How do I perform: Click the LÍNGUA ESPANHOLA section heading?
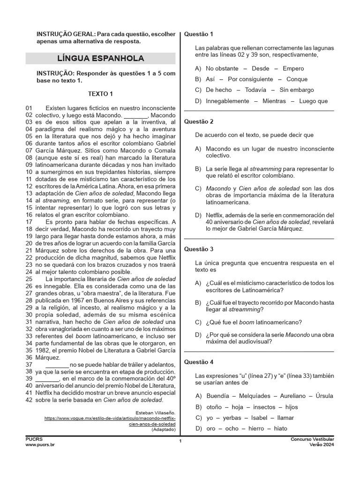click(x=100, y=59)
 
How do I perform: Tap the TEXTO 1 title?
click(x=100, y=94)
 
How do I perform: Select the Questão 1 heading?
click(x=199, y=34)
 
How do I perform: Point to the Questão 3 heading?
click(x=199, y=249)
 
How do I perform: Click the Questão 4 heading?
click(x=199, y=362)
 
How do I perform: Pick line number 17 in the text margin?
click(x=29, y=222)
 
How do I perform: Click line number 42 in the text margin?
click(x=29, y=400)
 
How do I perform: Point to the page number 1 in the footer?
click(x=180, y=441)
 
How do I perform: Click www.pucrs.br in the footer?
click(x=40, y=444)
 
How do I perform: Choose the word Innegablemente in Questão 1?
click(x=227, y=101)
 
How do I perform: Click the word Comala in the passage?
click(x=165, y=150)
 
